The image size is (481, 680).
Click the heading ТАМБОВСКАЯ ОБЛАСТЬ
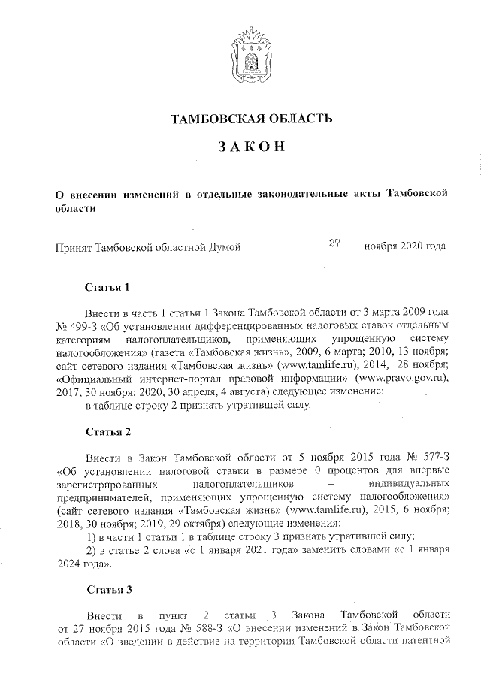252,118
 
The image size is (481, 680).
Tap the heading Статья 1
108,287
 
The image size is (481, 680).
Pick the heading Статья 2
108,434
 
